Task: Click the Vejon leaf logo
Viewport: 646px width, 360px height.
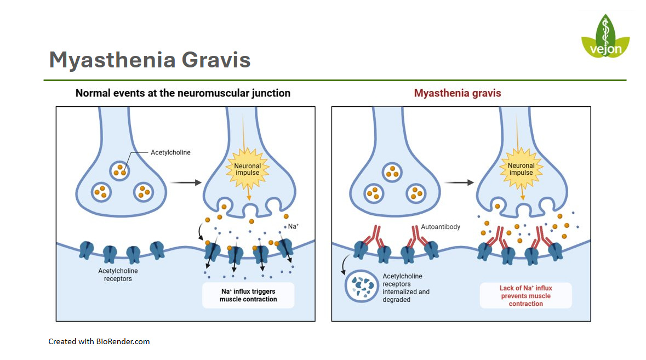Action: point(605,37)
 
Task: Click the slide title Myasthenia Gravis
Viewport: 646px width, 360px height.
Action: point(150,60)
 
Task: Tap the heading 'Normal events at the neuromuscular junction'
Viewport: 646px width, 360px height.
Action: point(183,93)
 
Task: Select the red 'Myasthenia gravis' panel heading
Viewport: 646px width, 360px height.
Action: point(458,93)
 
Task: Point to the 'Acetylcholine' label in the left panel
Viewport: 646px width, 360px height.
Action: point(170,152)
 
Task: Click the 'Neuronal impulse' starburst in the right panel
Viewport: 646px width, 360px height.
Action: point(521,169)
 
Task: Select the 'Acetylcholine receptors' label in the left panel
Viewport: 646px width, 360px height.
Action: point(118,275)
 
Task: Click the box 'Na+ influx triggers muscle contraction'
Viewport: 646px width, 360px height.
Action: point(248,295)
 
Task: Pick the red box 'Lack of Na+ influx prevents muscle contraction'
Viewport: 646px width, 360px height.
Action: point(525,295)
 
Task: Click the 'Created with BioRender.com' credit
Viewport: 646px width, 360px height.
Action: point(99,341)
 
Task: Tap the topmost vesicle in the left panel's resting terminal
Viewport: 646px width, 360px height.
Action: point(120,170)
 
